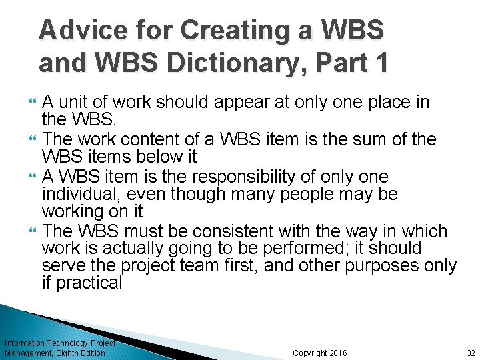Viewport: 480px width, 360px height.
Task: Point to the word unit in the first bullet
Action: pos(69,103)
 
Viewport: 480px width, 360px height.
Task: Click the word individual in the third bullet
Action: pos(73,194)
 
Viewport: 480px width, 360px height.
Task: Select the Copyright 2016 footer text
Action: pos(319,353)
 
